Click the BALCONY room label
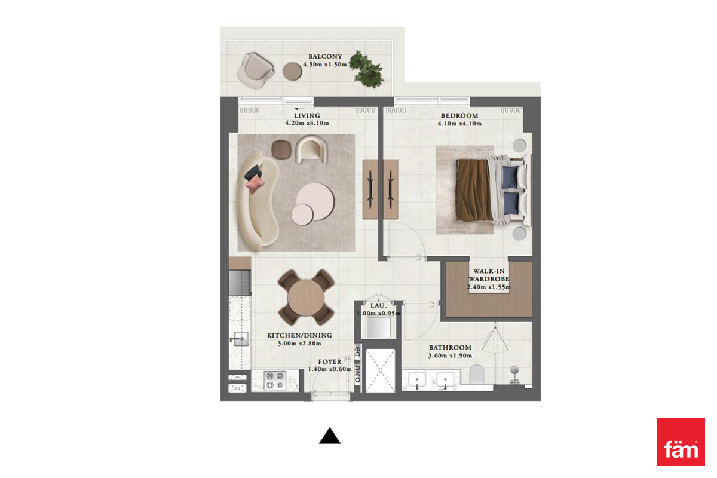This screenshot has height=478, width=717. point(325,56)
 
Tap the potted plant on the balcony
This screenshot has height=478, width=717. point(366,69)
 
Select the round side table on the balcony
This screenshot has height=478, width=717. point(292,71)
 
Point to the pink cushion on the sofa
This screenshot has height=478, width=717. point(255,185)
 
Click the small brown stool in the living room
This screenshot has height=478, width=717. point(281,149)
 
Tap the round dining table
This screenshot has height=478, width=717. point(306,298)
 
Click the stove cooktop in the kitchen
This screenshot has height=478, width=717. point(275,380)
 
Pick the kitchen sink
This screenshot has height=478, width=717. point(240,339)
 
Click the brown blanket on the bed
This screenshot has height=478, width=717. point(474,190)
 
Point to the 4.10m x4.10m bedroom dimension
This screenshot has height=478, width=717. point(459,124)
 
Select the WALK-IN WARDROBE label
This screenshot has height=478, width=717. point(489,275)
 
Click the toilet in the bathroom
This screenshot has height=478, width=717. point(477,374)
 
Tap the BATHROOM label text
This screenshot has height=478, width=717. point(450,347)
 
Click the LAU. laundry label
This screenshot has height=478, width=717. point(378,306)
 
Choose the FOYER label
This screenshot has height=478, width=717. point(330,361)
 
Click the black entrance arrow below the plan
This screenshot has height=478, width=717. point(330,436)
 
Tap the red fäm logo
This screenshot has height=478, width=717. point(681,442)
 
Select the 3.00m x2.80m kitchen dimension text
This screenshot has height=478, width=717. point(299,344)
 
